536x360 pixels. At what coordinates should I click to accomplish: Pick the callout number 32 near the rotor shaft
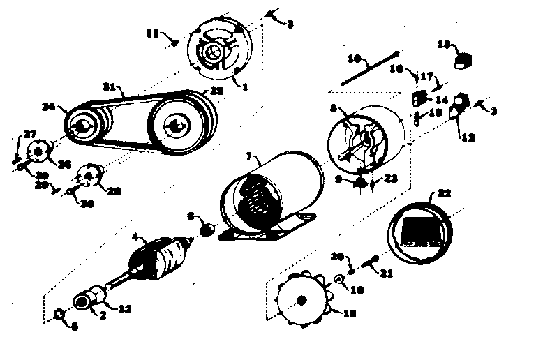(126, 308)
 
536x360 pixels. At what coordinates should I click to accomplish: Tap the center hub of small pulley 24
(82, 126)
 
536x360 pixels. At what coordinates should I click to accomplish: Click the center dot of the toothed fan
(302, 301)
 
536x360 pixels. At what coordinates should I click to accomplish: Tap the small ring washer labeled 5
(60, 318)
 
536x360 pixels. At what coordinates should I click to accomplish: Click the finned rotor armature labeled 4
(160, 263)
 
